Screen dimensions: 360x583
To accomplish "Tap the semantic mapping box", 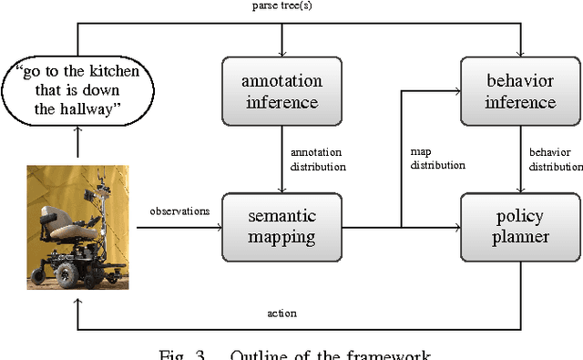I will coord(281,224).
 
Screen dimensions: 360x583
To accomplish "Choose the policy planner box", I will coord(520,224).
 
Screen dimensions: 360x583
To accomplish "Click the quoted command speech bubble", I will coord(77,92).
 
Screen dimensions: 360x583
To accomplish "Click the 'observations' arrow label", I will coord(179,211).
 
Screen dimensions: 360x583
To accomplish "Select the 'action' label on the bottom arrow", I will coord(283,314).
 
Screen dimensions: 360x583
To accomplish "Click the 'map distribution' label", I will coord(436,159).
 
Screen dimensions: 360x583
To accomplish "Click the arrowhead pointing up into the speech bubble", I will coord(77,131).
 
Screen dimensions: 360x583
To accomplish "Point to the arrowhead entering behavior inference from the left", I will coord(456,90).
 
